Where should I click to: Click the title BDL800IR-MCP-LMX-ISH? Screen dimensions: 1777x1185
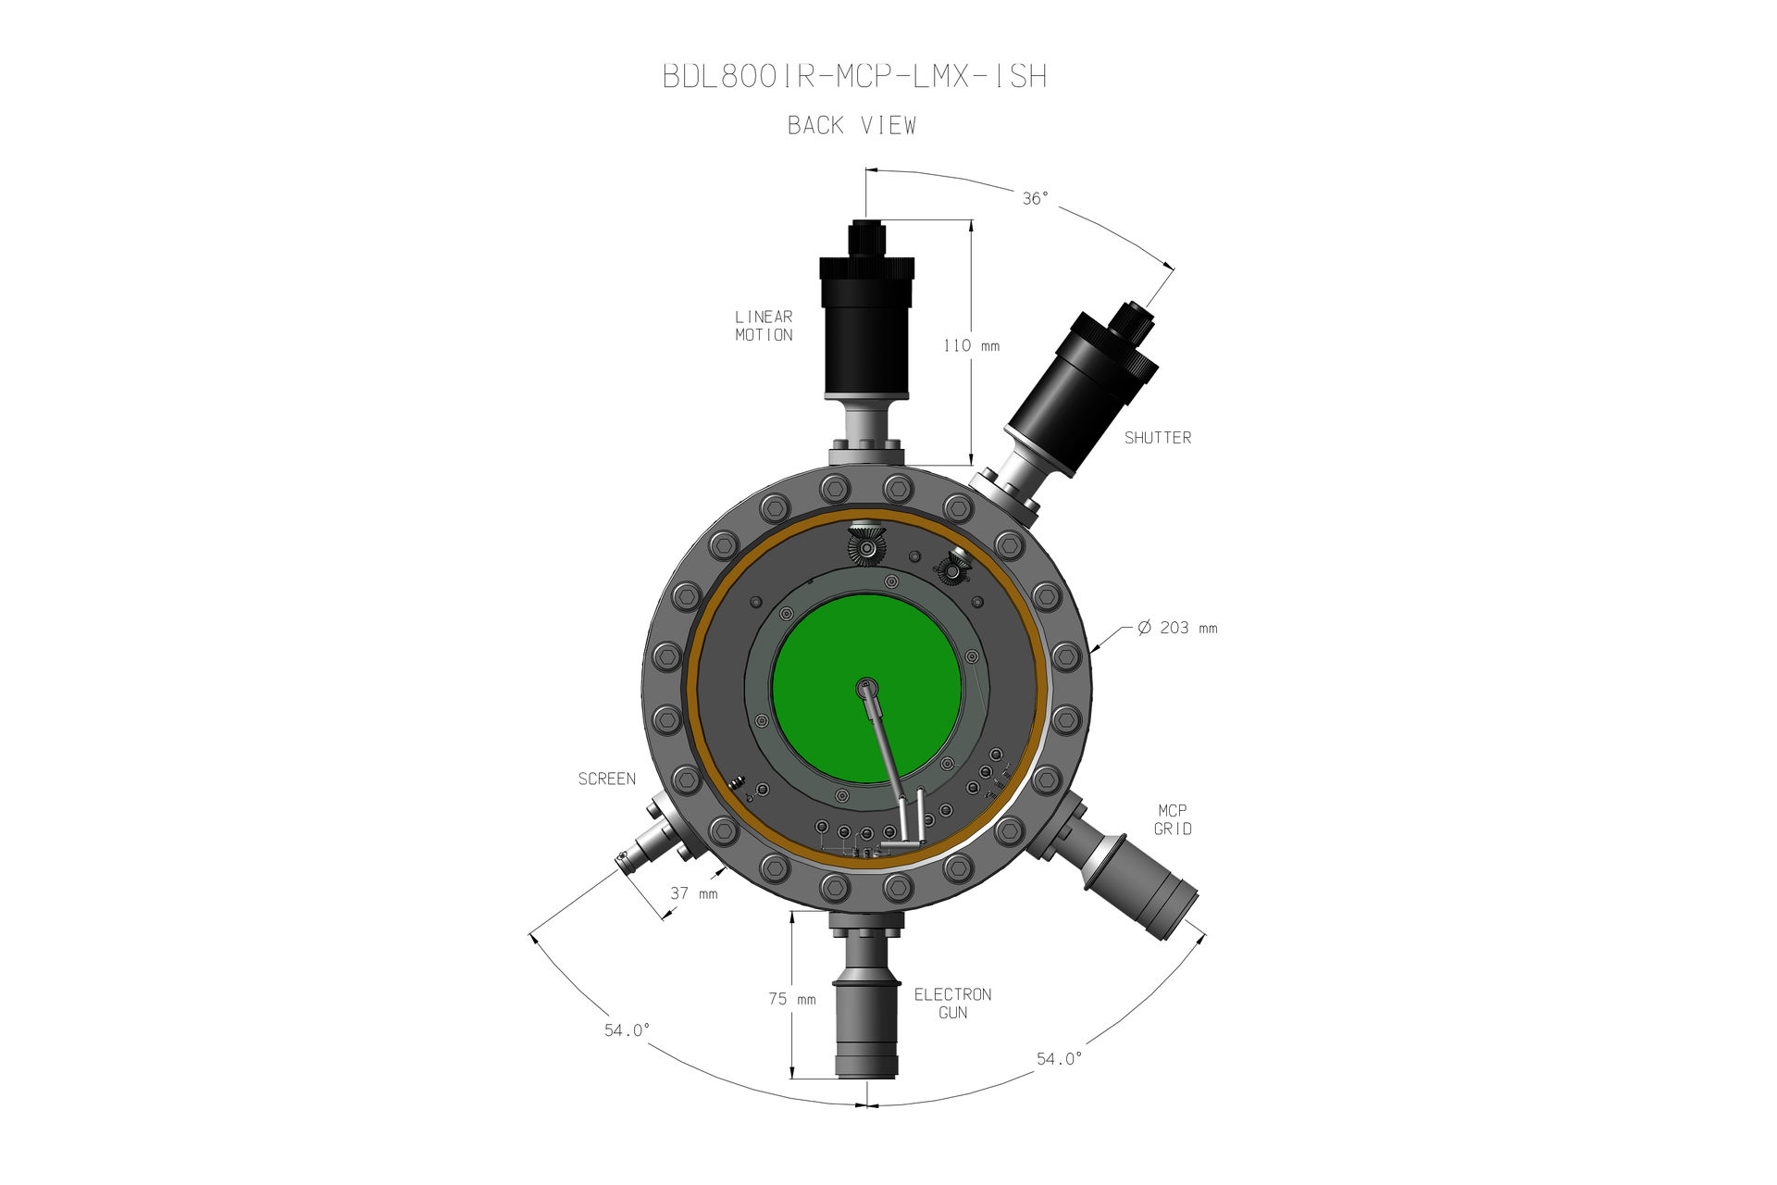[855, 76]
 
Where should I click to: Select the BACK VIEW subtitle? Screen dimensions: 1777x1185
[851, 125]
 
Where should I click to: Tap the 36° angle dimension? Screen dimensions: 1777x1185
[1036, 198]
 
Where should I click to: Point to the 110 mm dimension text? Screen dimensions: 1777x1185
[971, 345]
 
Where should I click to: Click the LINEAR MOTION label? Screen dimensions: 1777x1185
[764, 326]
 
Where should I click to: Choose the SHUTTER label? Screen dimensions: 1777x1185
[1158, 438]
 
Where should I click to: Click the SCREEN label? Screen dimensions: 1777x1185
[607, 780]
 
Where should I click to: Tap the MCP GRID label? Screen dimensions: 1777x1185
[1173, 819]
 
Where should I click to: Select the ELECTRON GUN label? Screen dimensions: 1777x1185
[952, 1004]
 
